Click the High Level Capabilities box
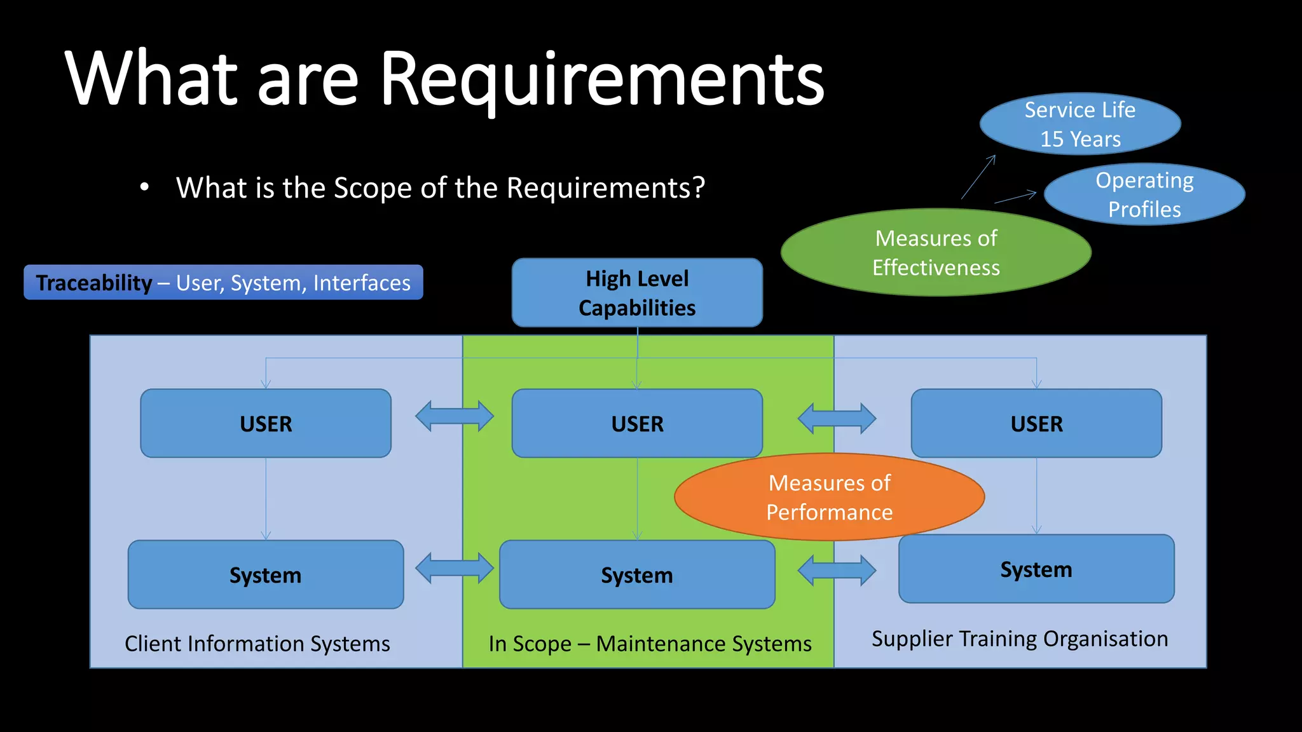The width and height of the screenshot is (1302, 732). (637, 293)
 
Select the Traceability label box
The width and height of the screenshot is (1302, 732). (223, 283)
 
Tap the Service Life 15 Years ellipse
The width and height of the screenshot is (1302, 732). (1080, 125)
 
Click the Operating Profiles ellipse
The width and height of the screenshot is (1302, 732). (1144, 194)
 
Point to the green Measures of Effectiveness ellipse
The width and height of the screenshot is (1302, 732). (936, 253)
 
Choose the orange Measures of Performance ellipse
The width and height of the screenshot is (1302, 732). (829, 498)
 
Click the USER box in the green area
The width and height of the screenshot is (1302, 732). (637, 424)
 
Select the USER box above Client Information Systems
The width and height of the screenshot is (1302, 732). (266, 424)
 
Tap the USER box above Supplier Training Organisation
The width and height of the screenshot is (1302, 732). (1036, 424)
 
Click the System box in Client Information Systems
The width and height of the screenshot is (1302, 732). (266, 575)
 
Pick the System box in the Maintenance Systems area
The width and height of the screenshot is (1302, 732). (637, 575)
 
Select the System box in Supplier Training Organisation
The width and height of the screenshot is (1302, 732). (1036, 569)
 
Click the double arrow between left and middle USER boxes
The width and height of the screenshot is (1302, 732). (455, 416)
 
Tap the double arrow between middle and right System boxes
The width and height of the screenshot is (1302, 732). (837, 570)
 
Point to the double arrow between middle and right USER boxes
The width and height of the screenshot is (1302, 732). (837, 418)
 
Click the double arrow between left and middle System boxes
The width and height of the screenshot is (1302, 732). (455, 568)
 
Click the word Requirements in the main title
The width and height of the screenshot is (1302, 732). (601, 79)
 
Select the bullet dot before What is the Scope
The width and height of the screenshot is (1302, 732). (144, 187)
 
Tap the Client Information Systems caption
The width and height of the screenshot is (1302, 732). (257, 644)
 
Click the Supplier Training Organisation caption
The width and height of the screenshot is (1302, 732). (1020, 639)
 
